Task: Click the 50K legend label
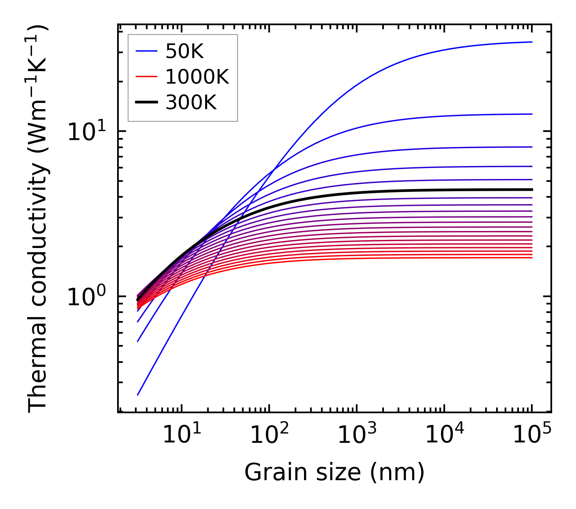pos(184,52)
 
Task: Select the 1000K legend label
pos(197,77)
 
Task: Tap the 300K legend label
pos(191,103)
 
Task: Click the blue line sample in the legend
pos(146,51)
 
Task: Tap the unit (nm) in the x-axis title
pos(397,472)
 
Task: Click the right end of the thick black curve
pos(532,190)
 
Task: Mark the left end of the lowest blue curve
pos(138,395)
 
